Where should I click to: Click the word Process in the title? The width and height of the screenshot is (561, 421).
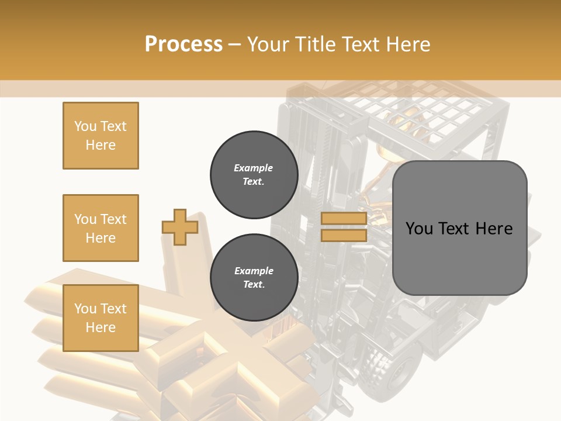[x=183, y=44]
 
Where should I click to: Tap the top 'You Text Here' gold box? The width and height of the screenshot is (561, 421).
[x=101, y=136]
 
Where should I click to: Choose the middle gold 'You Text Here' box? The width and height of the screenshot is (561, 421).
[x=101, y=228]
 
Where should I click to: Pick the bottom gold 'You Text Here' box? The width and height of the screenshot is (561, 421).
[x=101, y=318]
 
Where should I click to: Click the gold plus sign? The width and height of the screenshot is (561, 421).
[x=180, y=227]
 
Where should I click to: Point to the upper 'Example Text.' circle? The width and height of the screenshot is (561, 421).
[x=254, y=175]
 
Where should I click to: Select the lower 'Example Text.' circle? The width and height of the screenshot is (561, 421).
[x=254, y=278]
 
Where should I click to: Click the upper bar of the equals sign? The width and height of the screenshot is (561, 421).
[x=344, y=219]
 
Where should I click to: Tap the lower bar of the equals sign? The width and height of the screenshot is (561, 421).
[x=344, y=235]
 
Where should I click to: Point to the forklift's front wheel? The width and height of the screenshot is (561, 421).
[x=398, y=366]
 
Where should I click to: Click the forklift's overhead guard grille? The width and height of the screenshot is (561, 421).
[x=421, y=111]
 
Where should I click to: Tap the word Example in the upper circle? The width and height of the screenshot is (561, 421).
[x=254, y=168]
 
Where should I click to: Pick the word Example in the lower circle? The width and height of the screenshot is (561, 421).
[x=254, y=271]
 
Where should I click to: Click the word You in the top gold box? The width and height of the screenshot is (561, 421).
[x=85, y=126]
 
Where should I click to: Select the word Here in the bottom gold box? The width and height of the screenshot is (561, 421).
[x=101, y=327]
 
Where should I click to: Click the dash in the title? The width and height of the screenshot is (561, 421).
[x=234, y=44]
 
